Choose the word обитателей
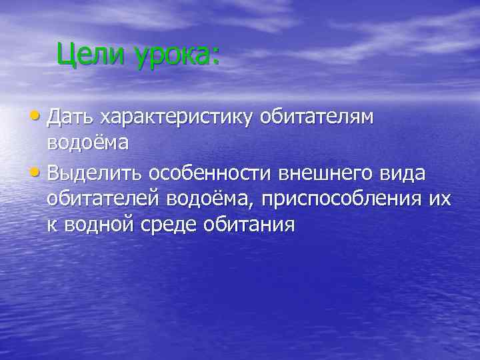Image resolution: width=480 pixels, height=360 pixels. (x=105, y=199)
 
